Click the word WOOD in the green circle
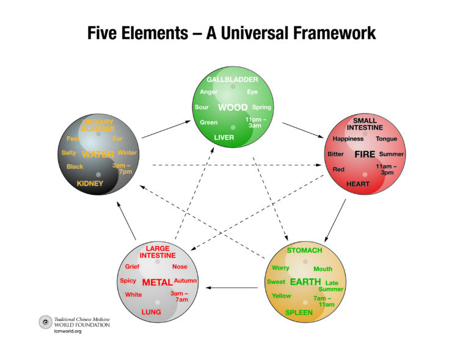click(233, 107)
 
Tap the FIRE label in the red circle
click(364, 154)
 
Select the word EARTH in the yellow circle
click(305, 282)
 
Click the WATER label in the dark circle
click(98, 154)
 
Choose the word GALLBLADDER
click(232, 80)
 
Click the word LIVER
click(224, 137)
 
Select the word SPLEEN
click(299, 312)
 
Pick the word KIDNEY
click(90, 183)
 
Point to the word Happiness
click(348, 139)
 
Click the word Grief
click(133, 267)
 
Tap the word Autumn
click(185, 281)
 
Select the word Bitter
click(336, 154)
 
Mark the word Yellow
click(282, 296)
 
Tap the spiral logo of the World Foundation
click(45, 322)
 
